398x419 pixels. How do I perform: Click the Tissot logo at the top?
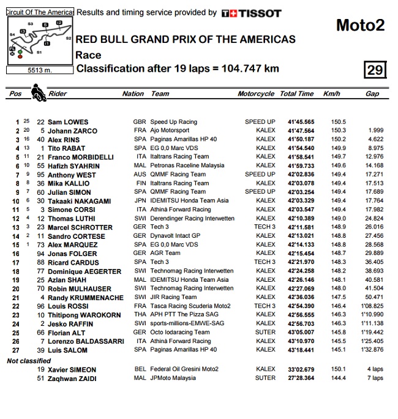click(x=252, y=13)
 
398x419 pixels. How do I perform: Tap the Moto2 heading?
click(x=360, y=25)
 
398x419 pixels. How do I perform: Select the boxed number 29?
click(x=374, y=70)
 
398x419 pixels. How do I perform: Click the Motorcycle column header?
click(x=256, y=94)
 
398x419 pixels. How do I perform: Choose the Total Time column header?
click(x=297, y=94)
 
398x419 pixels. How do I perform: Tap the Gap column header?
click(x=372, y=94)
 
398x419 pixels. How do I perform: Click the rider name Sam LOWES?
click(x=67, y=122)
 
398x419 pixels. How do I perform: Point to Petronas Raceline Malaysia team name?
click(x=187, y=165)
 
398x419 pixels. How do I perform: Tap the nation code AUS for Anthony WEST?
click(x=139, y=175)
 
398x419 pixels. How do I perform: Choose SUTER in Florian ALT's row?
click(x=266, y=332)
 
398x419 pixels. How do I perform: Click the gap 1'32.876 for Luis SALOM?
click(x=371, y=350)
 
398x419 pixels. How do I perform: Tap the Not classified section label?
click(x=29, y=361)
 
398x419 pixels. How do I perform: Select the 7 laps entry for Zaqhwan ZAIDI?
click(x=375, y=378)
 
